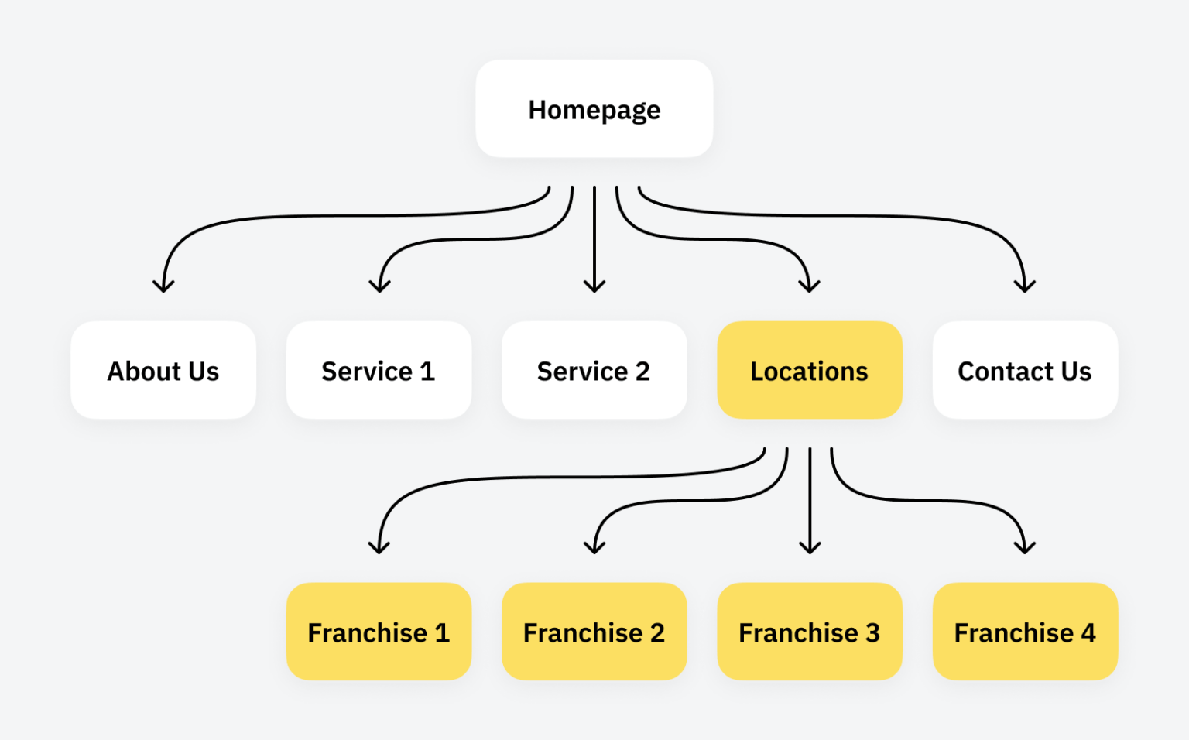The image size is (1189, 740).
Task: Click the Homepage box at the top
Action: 594,109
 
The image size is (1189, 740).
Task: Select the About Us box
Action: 163,371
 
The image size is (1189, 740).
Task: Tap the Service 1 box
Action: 379,371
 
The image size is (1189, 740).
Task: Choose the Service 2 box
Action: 594,371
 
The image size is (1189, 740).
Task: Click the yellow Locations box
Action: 809,371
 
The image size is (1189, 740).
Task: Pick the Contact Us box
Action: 1024,371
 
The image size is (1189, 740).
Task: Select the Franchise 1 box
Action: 379,632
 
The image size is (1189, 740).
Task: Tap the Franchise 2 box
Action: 594,632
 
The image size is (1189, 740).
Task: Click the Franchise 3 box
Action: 809,632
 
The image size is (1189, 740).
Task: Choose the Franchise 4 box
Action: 1024,632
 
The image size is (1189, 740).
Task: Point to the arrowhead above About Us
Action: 163,286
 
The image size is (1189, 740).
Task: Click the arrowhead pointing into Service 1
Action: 379,286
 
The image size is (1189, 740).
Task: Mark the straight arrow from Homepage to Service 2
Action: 594,240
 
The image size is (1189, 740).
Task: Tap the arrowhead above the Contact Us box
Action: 1024,286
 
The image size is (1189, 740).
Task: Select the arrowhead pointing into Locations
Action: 809,286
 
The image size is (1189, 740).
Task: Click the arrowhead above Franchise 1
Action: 379,548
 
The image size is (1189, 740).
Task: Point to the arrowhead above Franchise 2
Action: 594,548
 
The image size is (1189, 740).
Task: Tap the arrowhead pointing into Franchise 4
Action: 1024,548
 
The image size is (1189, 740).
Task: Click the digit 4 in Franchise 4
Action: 1088,633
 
